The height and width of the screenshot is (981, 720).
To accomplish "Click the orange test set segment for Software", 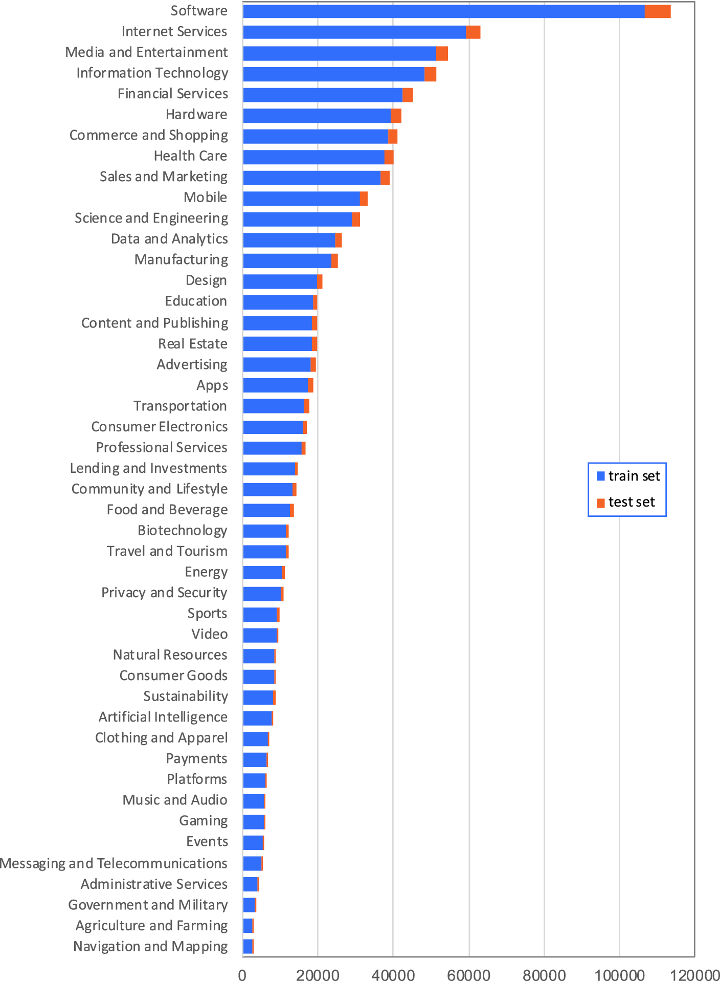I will [657, 11].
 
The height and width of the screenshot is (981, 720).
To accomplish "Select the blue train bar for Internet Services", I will [354, 32].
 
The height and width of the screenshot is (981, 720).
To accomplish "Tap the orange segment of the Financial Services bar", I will [408, 95].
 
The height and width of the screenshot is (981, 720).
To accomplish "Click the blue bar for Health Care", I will [313, 157].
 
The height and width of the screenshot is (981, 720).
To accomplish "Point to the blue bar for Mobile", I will [301, 199].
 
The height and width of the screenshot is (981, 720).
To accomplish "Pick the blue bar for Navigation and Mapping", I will [247, 947].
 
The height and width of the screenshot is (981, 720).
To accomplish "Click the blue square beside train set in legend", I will [600, 476].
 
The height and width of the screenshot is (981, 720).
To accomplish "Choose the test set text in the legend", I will [632, 502].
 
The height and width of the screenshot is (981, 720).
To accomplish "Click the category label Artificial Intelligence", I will [163, 717].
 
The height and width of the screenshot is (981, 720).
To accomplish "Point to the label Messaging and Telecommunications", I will [114, 863].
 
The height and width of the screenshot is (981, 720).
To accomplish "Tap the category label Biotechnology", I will [182, 531].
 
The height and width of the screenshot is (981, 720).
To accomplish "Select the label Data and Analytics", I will [169, 239].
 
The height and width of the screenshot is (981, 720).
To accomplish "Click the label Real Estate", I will [192, 344].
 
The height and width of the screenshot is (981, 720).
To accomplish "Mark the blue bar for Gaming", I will [253, 822].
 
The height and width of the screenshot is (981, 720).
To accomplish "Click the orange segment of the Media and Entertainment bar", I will [442, 53].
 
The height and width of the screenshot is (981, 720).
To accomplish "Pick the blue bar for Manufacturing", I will [287, 261].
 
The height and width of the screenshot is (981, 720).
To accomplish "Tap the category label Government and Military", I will [148, 905].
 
